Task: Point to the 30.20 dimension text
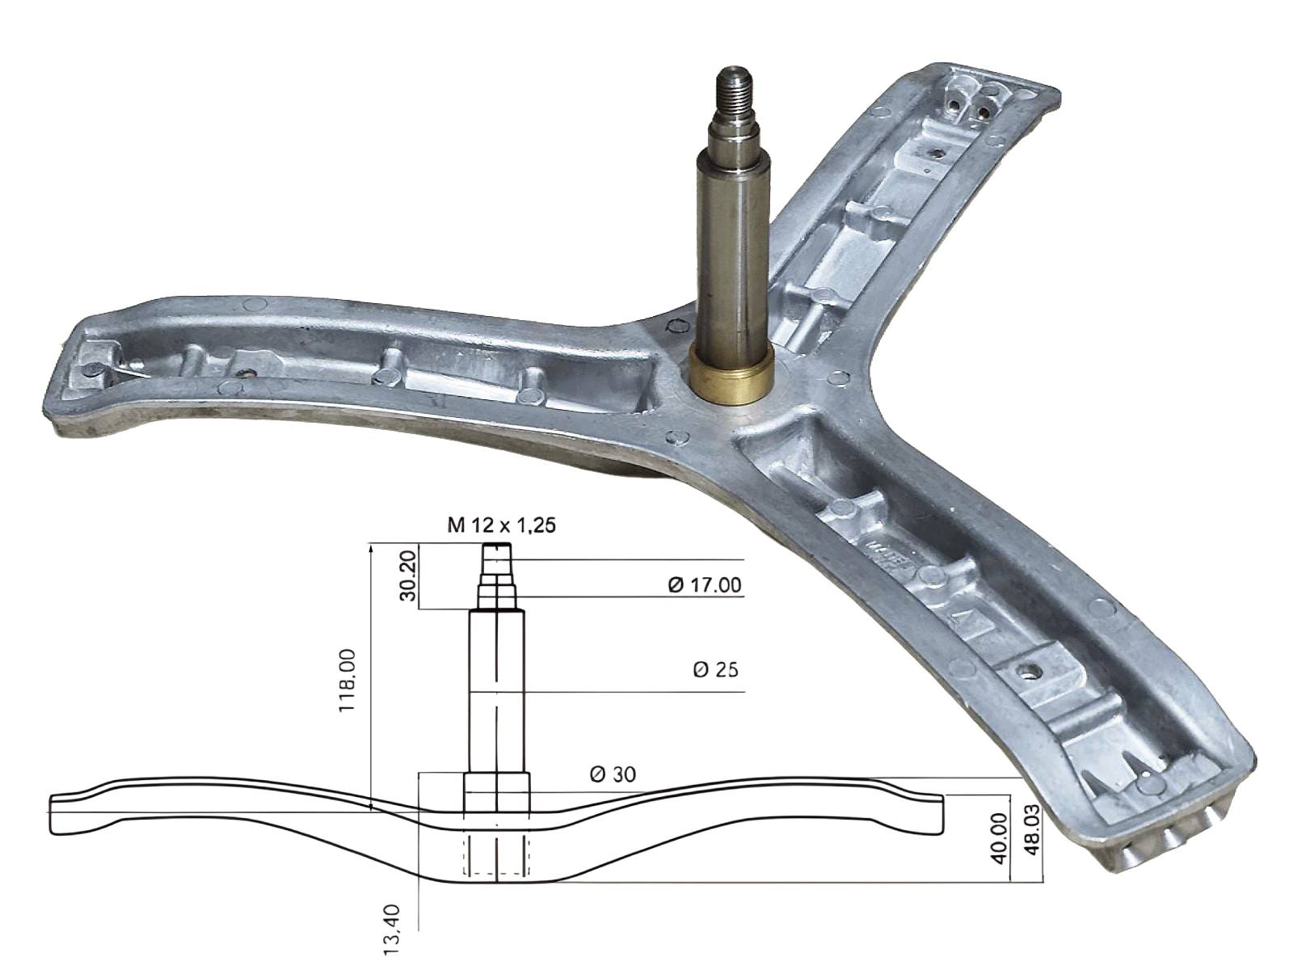click(x=408, y=576)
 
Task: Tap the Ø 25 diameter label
click(x=715, y=669)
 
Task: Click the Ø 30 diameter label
click(x=613, y=774)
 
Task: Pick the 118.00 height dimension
click(x=347, y=681)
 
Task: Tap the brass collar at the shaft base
click(x=731, y=375)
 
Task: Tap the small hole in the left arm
click(x=245, y=372)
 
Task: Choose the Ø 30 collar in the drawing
click(x=497, y=792)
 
